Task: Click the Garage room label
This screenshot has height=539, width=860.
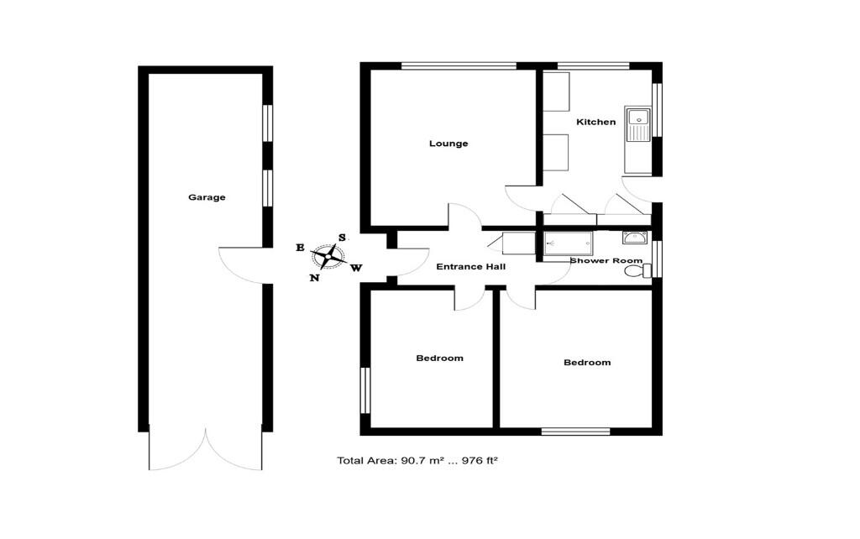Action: [x=207, y=197]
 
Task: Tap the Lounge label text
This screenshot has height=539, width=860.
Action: [x=448, y=144]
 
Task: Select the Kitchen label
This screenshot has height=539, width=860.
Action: [x=595, y=122]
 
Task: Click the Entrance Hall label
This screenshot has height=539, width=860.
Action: [x=470, y=267]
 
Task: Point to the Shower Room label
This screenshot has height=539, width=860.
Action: [x=606, y=261]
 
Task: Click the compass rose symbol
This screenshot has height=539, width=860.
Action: [x=328, y=255]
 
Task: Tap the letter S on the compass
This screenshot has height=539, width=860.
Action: [x=342, y=238]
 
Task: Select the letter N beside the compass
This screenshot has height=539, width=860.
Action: [x=314, y=278]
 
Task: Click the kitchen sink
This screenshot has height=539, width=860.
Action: [x=638, y=127]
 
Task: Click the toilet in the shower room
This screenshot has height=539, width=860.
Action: [x=642, y=270]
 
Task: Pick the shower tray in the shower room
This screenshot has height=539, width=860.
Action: [x=569, y=243]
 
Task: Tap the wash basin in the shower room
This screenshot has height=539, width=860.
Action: [x=635, y=238]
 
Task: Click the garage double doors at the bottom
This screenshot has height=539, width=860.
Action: [x=206, y=450]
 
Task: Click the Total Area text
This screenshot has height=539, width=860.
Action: [x=417, y=460]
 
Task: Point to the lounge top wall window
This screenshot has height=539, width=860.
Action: [x=459, y=65]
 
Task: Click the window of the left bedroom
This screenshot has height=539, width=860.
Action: [x=365, y=390]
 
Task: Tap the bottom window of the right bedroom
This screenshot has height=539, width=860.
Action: [x=575, y=432]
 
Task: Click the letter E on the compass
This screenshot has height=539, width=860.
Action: [x=300, y=248]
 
